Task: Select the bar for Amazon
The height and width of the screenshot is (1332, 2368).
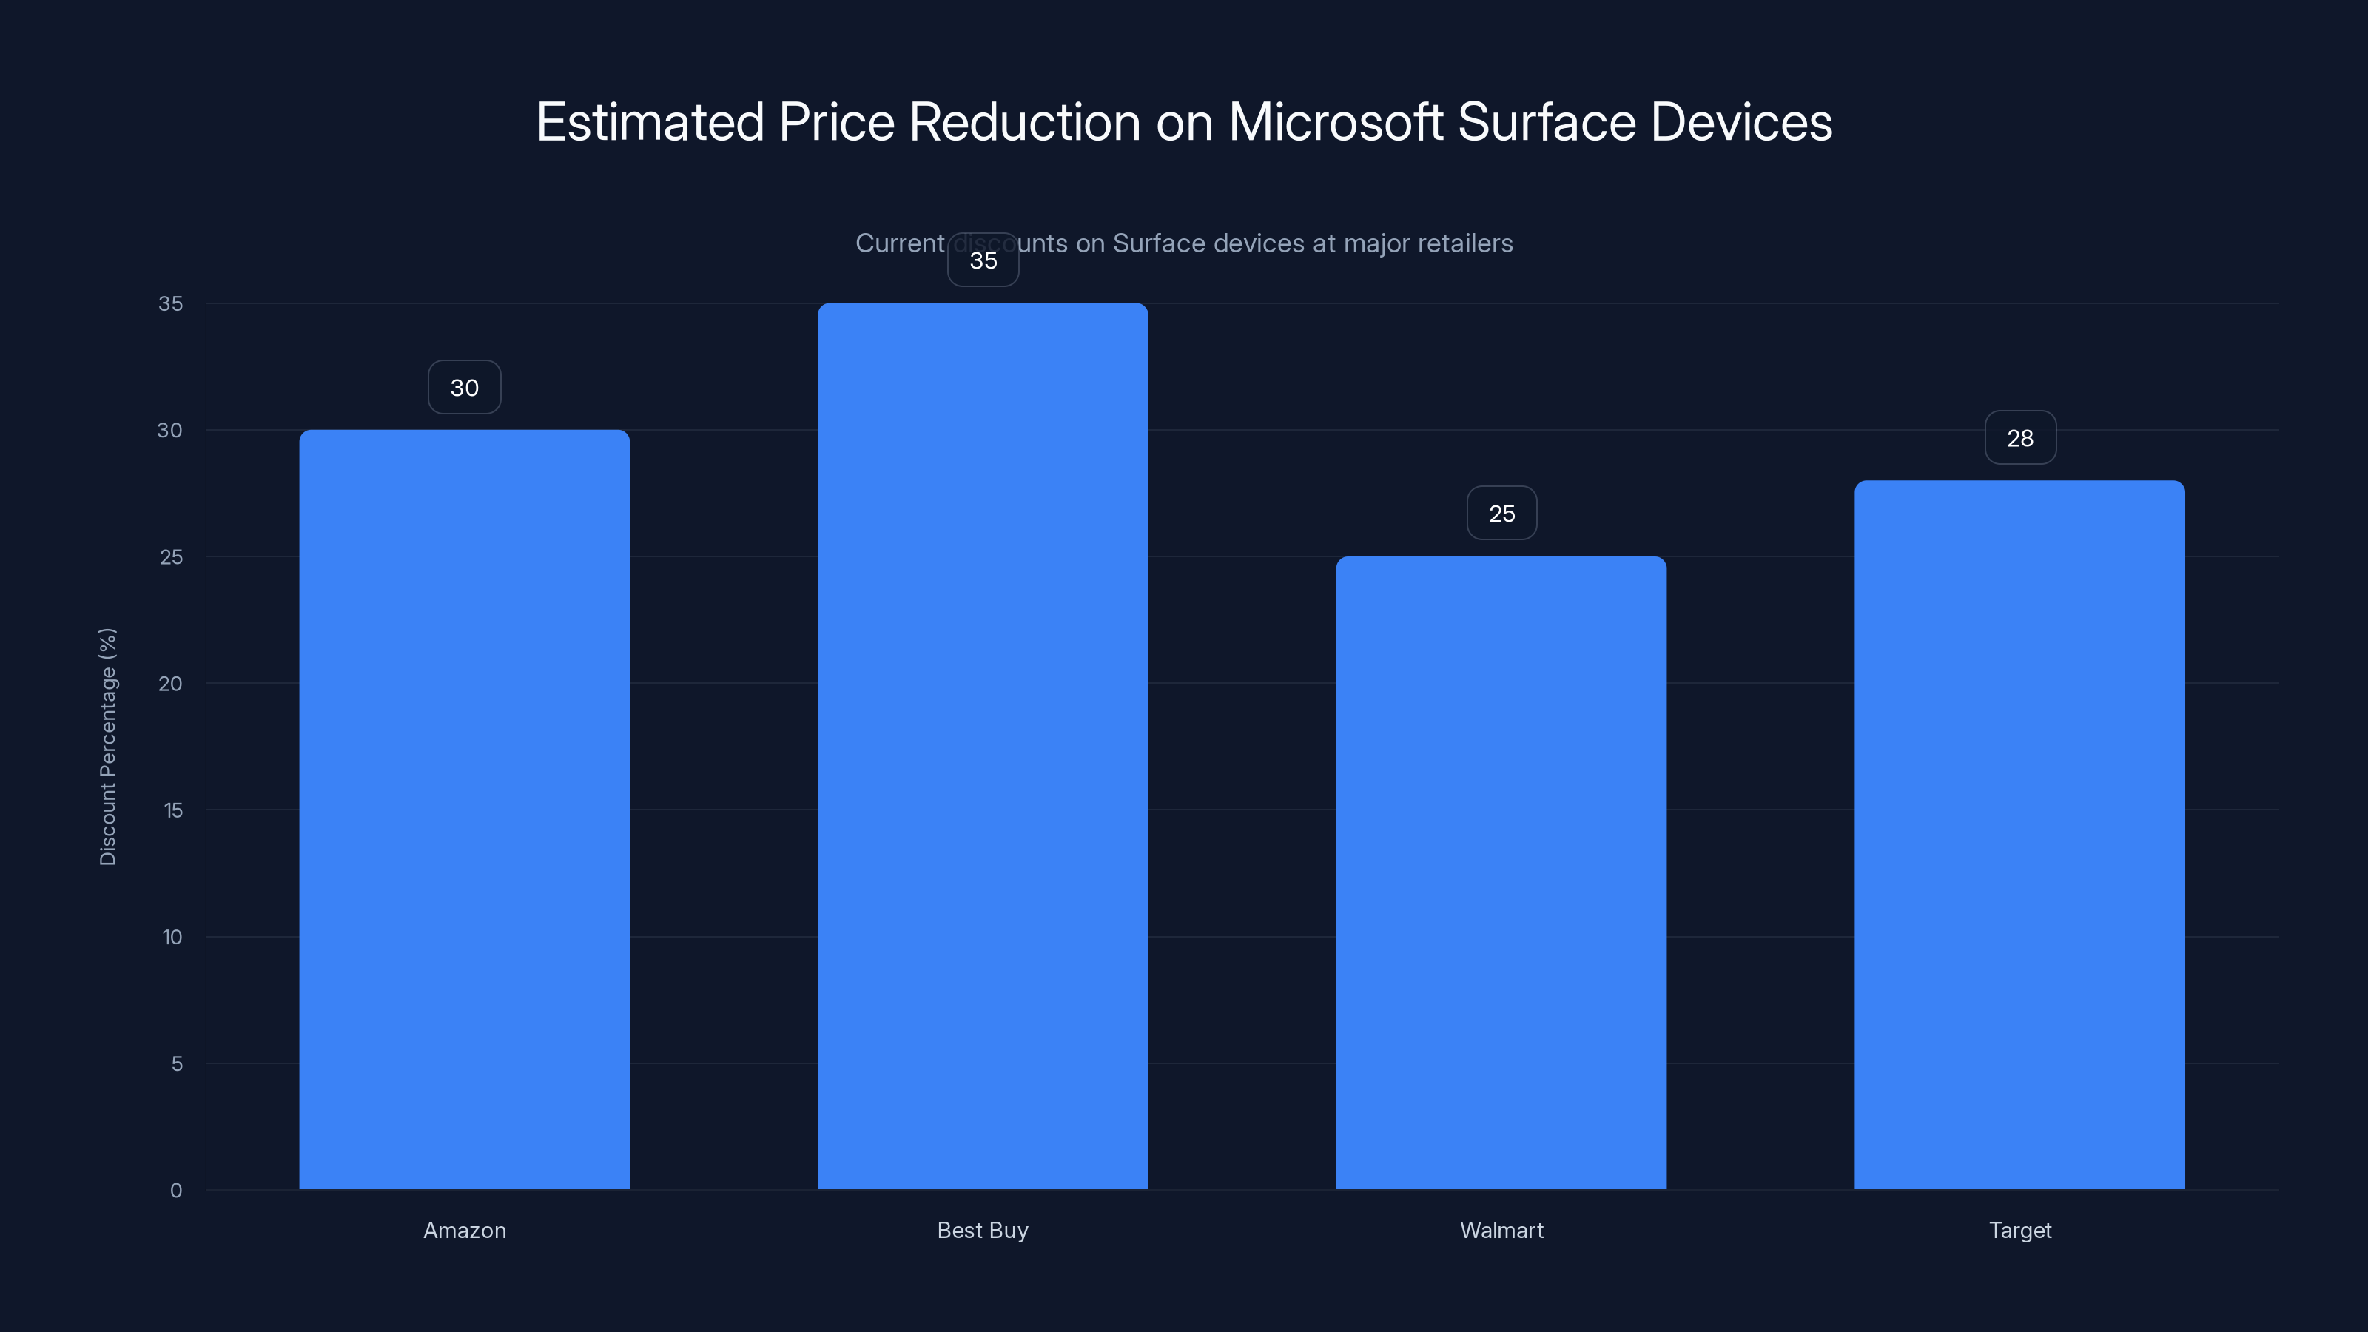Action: coord(464,809)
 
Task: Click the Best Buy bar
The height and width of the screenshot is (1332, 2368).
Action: coord(983,745)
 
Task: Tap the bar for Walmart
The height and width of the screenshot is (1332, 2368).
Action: coord(1501,872)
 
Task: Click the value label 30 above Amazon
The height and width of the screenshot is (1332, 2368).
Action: coord(464,388)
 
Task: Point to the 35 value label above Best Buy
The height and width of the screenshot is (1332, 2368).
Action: coord(983,261)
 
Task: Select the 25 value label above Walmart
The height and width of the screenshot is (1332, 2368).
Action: coord(1501,514)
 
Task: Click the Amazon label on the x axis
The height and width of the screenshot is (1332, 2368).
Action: coord(464,1230)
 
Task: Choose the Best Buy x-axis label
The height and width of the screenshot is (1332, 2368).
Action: coord(983,1230)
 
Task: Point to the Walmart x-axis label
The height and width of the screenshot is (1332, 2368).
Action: coord(1501,1230)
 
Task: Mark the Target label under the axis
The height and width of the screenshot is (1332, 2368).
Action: coord(2019,1230)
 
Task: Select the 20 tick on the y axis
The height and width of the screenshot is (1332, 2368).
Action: coord(170,683)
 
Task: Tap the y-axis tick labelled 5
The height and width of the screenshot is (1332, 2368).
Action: coord(177,1063)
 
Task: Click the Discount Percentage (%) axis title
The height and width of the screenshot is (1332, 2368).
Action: coord(107,747)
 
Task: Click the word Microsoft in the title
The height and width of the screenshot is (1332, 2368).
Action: coord(1335,122)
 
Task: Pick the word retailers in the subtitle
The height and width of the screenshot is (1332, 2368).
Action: coord(1464,243)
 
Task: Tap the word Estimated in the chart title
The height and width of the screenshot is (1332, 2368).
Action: coord(649,122)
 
